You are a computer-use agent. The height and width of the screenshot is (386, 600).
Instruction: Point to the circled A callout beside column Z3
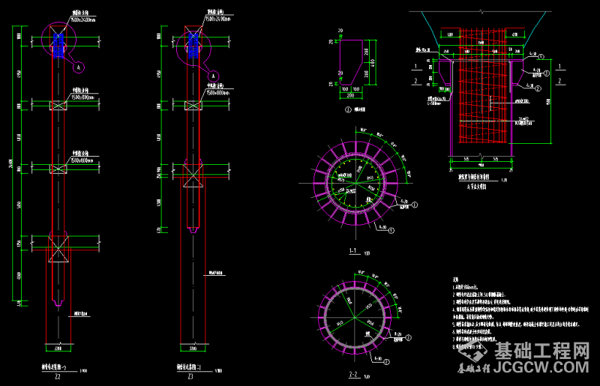click(213, 76)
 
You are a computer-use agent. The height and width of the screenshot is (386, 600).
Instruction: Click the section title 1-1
click(354, 252)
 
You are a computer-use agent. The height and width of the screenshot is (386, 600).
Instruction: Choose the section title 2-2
click(354, 372)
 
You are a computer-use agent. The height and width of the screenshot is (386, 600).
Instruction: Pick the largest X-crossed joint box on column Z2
click(58, 248)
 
